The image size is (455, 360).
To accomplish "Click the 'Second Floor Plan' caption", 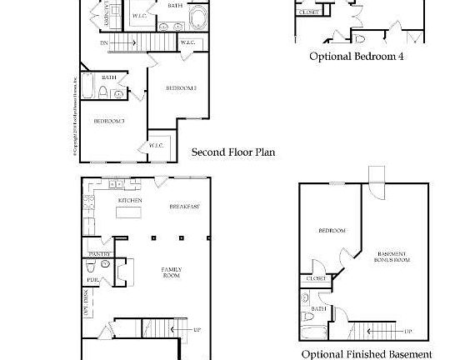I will point(233,152).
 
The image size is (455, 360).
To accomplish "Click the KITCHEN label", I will point(129,201).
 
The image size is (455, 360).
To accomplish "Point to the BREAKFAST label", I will point(184,206).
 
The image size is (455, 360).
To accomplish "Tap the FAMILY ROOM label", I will point(172,272).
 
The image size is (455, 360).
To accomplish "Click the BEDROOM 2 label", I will point(180,87).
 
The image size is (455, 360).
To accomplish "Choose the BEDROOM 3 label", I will point(108,122).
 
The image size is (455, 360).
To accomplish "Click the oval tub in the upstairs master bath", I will point(201,19).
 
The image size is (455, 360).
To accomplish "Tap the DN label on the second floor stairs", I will point(103,42).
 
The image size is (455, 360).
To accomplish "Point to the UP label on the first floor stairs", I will point(197,330).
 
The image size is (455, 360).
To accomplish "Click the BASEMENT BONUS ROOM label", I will point(392,257).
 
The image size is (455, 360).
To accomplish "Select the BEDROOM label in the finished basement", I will point(332,230).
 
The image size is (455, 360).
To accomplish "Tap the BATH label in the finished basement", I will point(318,308).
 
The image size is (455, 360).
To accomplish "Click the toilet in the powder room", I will point(105,266).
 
